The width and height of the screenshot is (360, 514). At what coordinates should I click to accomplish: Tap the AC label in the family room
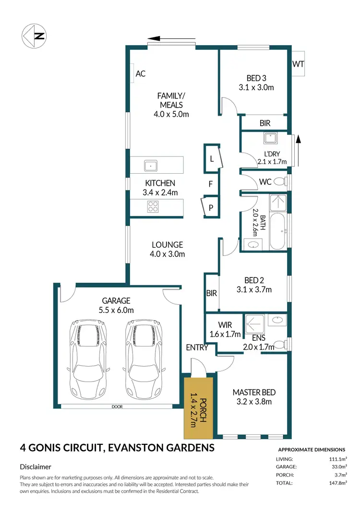click(141, 74)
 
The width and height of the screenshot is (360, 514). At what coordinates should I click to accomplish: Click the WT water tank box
click(298, 64)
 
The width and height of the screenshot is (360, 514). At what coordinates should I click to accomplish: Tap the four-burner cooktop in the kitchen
click(153, 206)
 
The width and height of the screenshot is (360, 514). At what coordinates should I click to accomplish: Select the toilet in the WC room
click(286, 182)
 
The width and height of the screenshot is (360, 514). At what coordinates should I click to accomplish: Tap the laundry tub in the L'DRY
click(270, 138)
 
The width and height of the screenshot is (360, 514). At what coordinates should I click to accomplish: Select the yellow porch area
click(197, 407)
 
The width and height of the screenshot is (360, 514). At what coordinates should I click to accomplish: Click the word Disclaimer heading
click(36, 466)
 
